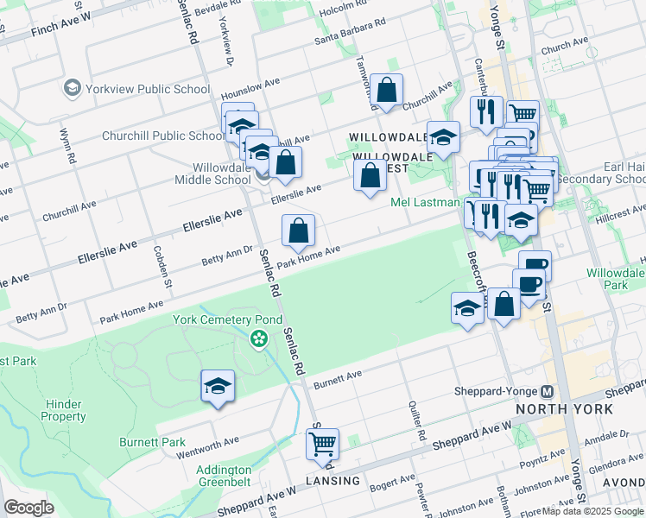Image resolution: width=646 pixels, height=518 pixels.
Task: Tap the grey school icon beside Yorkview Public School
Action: click(x=72, y=88)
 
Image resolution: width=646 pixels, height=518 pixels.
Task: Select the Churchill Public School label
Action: click(x=162, y=136)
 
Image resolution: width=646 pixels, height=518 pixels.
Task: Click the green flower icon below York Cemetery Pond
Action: click(x=258, y=339)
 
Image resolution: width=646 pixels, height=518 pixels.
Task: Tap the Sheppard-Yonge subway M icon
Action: click(x=547, y=391)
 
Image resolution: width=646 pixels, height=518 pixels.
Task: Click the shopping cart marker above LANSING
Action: click(x=322, y=445)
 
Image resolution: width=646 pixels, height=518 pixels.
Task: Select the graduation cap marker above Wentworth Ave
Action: click(x=218, y=387)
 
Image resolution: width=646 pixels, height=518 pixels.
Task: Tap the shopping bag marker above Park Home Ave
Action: click(x=298, y=231)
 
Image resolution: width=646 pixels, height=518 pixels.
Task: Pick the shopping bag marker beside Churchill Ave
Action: click(x=386, y=91)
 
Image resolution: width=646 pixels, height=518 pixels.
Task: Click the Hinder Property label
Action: click(x=76, y=410)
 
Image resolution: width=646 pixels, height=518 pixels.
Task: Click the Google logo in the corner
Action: click(x=29, y=508)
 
